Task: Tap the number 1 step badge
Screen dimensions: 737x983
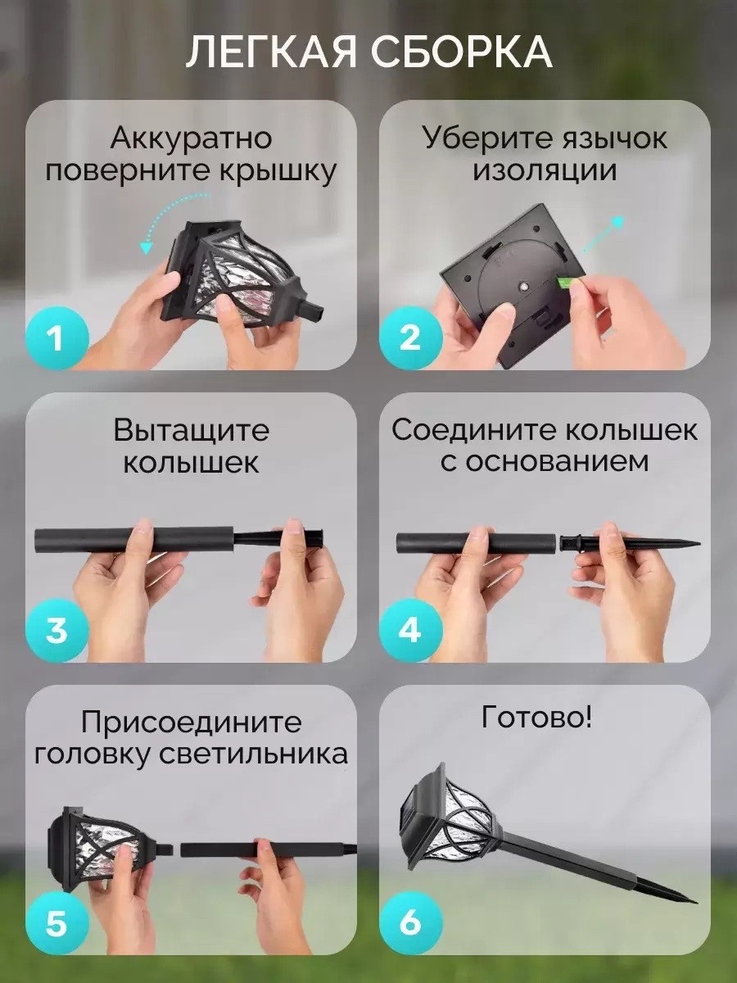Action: [56, 338]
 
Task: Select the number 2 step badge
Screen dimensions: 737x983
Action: [410, 338]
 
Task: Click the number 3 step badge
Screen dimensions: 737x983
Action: [56, 630]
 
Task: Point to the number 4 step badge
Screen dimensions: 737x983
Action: [410, 630]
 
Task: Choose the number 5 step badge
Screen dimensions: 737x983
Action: [56, 922]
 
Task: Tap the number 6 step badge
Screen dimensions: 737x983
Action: [410, 922]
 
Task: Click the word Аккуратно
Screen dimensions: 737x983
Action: [191, 138]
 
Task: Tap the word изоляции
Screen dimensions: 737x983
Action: [545, 172]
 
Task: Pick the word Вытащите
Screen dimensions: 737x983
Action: [191, 430]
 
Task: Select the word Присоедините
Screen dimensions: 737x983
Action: [191, 723]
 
